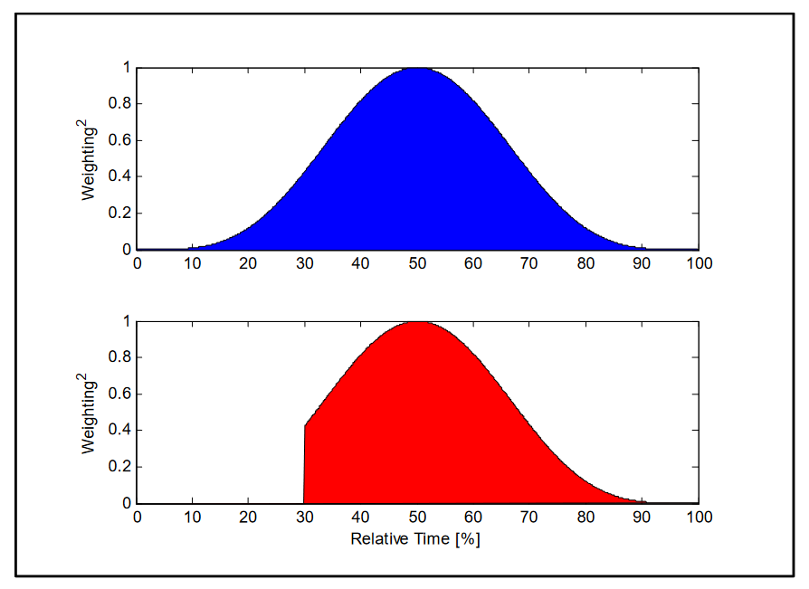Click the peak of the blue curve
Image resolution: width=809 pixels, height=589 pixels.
click(417, 69)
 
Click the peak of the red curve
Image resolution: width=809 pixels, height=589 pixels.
click(418, 322)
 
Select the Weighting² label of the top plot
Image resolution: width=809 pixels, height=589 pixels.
click(90, 159)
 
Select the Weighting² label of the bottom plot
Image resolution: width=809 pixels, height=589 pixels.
click(90, 413)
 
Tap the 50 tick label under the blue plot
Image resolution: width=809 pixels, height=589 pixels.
click(417, 263)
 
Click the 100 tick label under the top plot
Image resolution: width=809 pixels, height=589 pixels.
click(699, 263)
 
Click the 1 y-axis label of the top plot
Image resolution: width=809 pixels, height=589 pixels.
click(128, 68)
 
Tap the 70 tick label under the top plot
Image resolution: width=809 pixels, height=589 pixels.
click(530, 263)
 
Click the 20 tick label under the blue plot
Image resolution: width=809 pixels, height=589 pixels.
click(249, 263)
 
